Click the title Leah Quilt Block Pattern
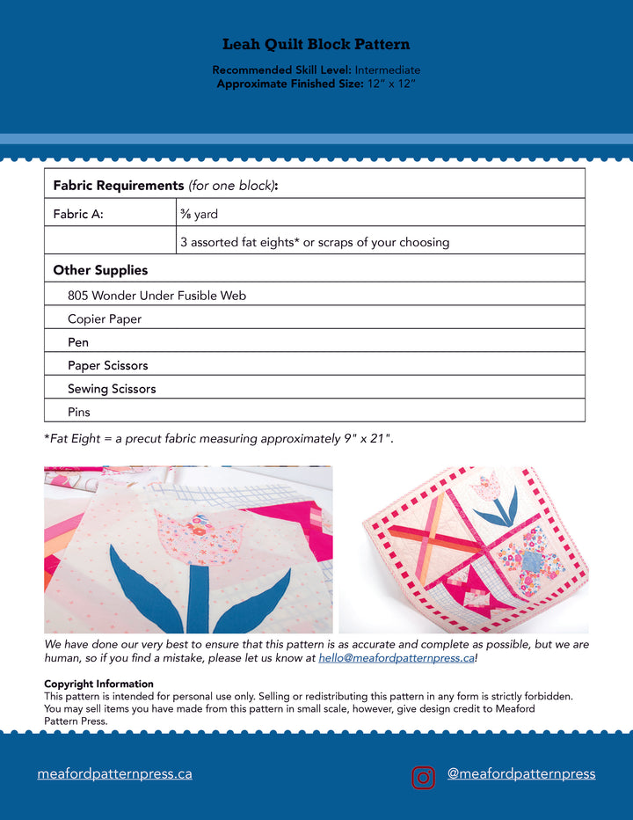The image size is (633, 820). pos(316,44)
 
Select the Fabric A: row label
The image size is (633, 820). pos(78,214)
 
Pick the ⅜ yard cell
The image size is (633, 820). pos(200,214)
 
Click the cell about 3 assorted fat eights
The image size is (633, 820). pos(315,242)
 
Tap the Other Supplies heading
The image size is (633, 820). pos(100,270)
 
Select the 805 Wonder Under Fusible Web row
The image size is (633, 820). pos(156,296)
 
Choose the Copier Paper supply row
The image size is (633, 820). pos(105,318)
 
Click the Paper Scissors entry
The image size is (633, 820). pos(108,365)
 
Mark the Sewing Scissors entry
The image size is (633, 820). pos(112,388)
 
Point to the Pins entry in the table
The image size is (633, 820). pos(79,411)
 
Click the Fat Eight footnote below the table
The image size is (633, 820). pos(219,438)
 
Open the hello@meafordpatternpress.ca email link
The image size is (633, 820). pos(396,657)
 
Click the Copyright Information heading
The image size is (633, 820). pos(98,684)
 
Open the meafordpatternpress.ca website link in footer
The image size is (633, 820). pos(114,774)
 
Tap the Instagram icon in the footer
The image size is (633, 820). pos(424,777)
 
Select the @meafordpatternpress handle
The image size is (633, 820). pos(521,774)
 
